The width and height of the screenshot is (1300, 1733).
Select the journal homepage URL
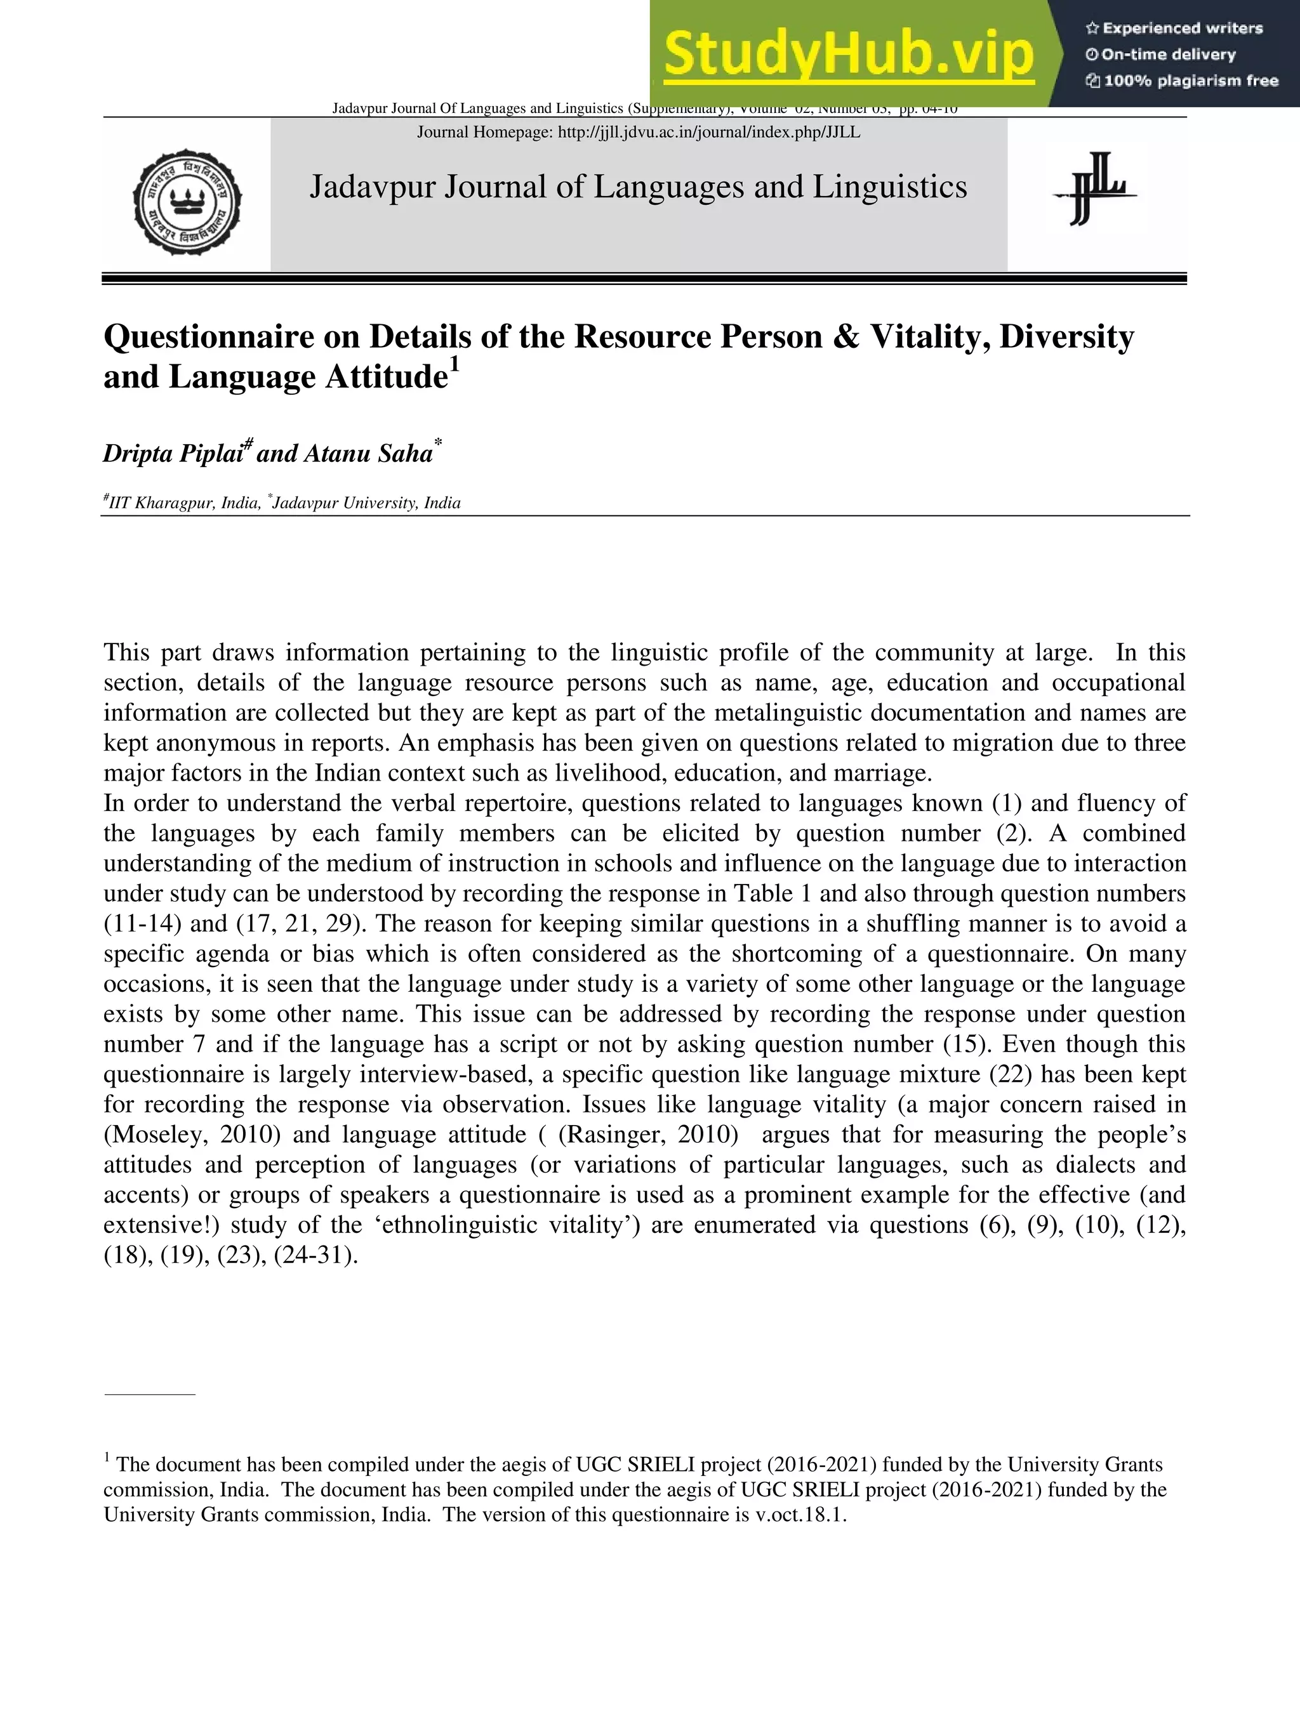708,133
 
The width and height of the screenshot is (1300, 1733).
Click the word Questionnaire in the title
232,338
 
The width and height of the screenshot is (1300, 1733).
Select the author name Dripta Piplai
173,454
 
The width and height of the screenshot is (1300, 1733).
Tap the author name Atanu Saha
368,454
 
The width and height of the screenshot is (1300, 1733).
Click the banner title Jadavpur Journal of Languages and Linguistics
638,187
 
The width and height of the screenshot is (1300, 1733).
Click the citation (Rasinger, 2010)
648,1135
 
